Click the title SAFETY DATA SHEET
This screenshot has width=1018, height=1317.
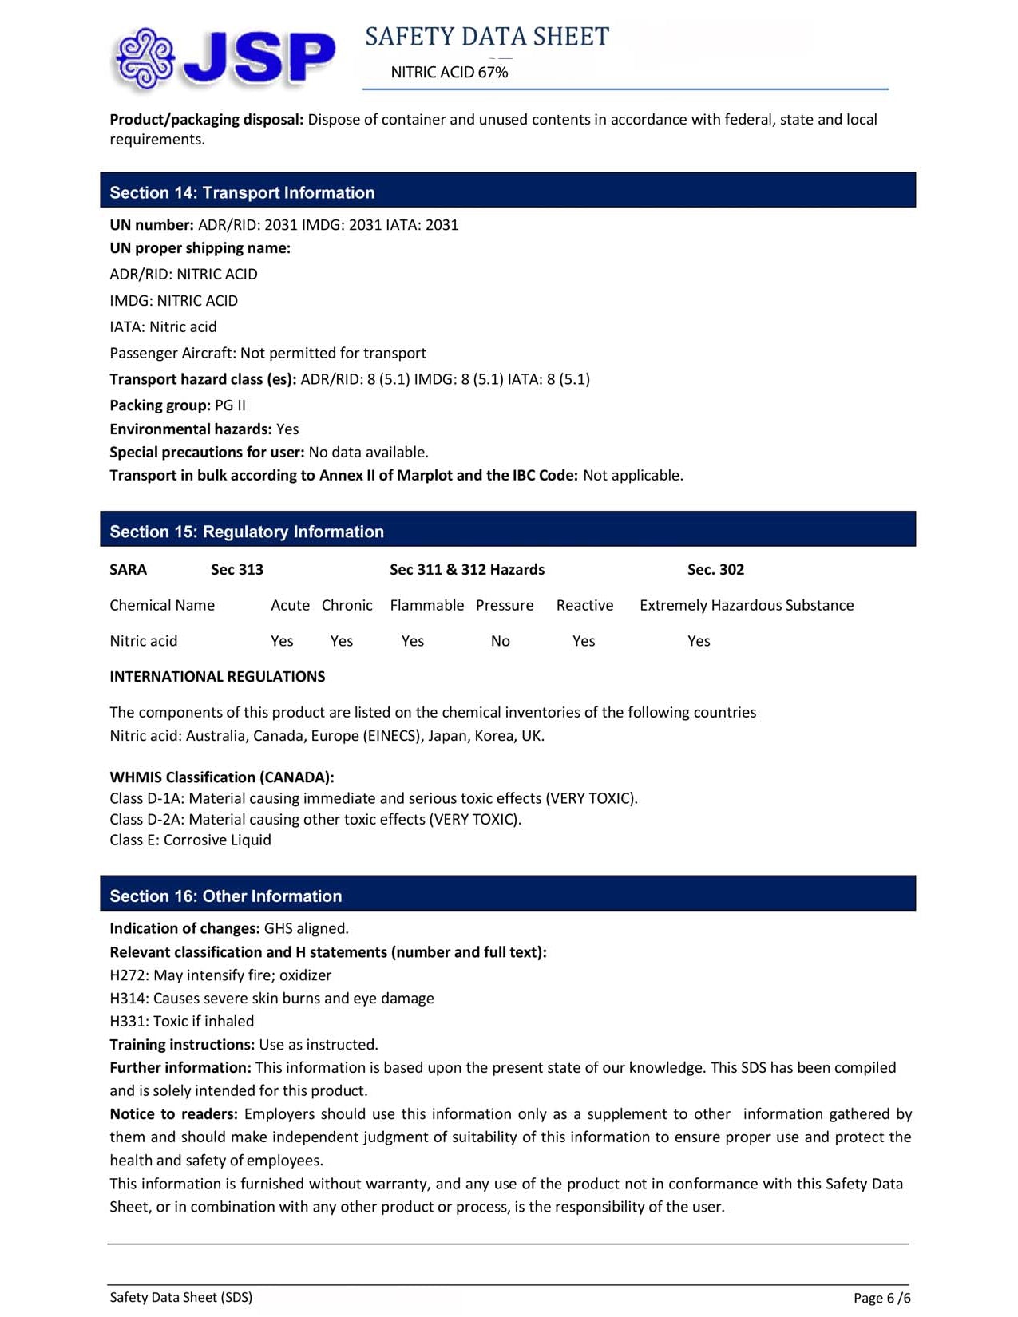click(487, 37)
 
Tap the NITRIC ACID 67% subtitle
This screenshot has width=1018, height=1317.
click(450, 73)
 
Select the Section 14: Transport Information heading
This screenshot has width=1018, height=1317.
click(242, 192)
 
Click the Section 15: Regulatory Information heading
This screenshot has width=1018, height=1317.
click(247, 532)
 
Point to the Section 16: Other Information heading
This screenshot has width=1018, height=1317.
click(226, 896)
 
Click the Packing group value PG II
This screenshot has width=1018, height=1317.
click(231, 405)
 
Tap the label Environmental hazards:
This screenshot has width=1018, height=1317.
click(191, 429)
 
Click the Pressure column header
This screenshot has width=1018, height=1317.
click(505, 605)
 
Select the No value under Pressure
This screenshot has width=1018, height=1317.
click(501, 641)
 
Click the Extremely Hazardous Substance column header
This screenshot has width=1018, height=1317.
click(747, 605)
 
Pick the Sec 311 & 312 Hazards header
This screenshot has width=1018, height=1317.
click(467, 569)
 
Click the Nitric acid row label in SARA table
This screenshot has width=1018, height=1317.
click(144, 641)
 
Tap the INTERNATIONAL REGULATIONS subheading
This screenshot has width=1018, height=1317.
click(217, 677)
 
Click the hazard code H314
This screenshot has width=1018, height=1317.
click(128, 999)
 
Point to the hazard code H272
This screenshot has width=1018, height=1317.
click(128, 975)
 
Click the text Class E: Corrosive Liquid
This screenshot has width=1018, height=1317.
click(190, 840)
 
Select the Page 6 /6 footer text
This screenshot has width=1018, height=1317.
click(881, 1298)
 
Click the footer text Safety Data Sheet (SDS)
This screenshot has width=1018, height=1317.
click(181, 1298)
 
